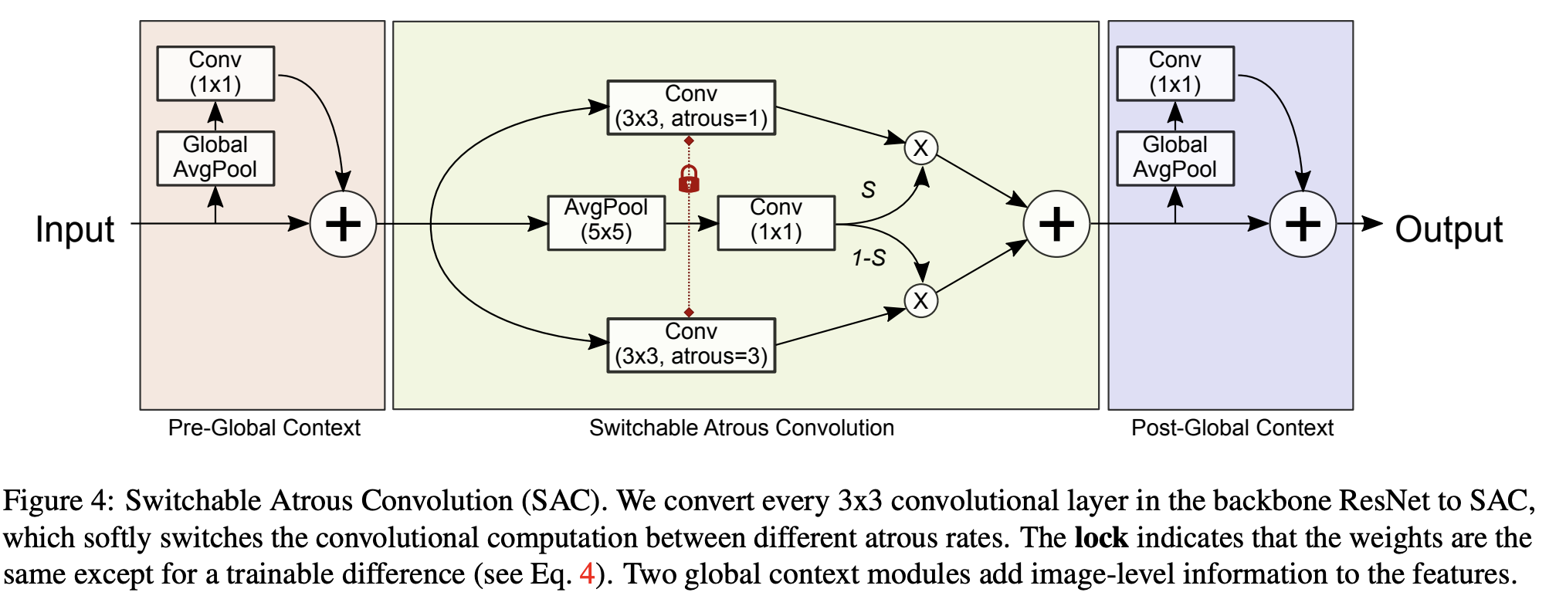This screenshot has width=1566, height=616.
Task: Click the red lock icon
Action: [x=689, y=179]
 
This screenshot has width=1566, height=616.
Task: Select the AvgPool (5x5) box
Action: [x=606, y=222]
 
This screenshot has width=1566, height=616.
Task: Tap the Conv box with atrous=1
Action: [x=691, y=107]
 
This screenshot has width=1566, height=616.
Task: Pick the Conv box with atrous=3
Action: [x=691, y=345]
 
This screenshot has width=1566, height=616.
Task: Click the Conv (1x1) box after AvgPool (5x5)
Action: [x=776, y=222]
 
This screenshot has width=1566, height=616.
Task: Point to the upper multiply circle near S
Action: [x=920, y=147]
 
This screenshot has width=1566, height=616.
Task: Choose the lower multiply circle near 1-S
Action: [x=920, y=300]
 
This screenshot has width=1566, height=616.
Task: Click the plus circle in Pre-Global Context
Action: [x=343, y=224]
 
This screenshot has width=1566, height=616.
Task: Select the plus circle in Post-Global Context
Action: [x=1303, y=224]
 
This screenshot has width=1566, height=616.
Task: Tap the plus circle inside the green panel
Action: [x=1056, y=224]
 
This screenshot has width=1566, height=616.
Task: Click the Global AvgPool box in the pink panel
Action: [x=215, y=158]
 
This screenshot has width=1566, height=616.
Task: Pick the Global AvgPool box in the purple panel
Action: [x=1175, y=158]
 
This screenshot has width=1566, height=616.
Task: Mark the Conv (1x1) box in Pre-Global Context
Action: [x=215, y=73]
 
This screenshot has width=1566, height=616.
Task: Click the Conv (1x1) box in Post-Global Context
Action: [x=1175, y=73]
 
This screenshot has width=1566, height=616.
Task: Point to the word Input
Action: [x=75, y=229]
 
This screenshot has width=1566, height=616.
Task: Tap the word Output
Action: [x=1449, y=229]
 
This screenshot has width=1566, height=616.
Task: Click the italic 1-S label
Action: [x=869, y=258]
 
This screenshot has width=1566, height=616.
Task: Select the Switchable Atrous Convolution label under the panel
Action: [x=741, y=428]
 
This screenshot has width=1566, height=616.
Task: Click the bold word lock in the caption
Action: [x=1101, y=537]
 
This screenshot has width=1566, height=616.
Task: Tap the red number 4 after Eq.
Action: [x=587, y=574]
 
